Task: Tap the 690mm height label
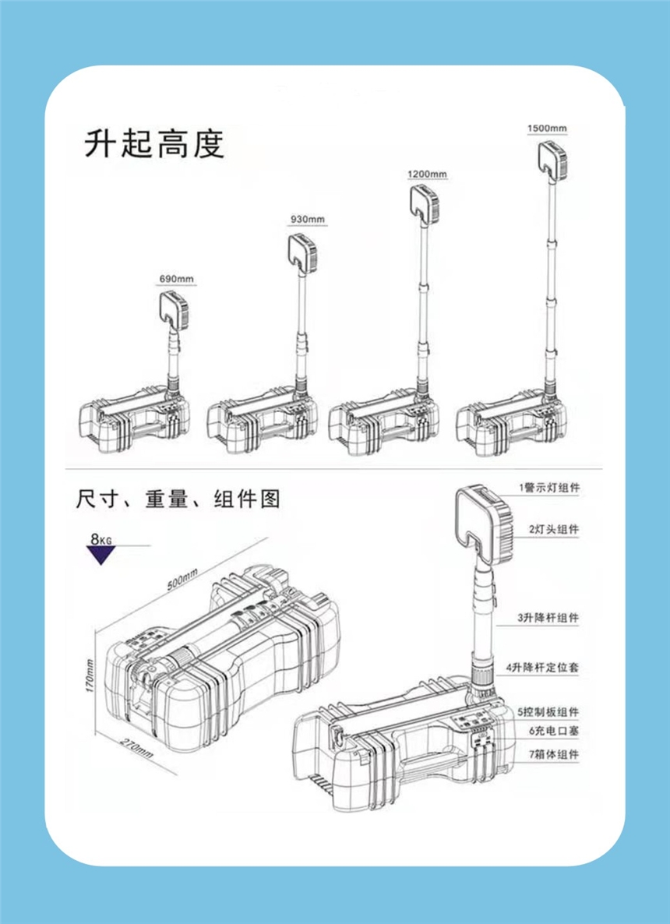pos(176,278)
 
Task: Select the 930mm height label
pos(307,220)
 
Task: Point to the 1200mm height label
pos(428,174)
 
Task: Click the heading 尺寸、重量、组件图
pos(178,499)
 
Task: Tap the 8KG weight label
pos(101,539)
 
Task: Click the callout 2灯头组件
pos(554,529)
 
